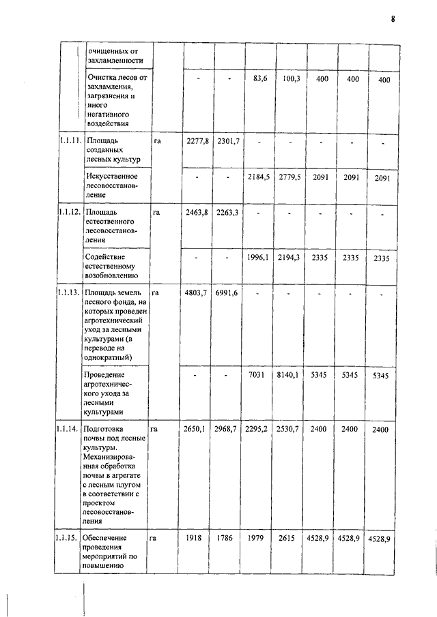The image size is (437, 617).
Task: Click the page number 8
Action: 393,18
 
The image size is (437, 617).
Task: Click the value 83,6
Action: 260,79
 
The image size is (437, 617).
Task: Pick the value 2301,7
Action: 229,141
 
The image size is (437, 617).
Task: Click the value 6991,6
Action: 229,293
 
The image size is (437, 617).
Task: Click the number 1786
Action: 229,538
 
